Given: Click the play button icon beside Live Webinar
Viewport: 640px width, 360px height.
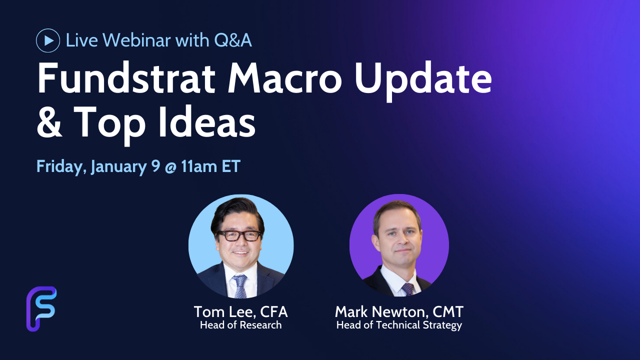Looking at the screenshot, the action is [x=48, y=40].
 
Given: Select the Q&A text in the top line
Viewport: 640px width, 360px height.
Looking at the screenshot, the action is [x=233, y=40].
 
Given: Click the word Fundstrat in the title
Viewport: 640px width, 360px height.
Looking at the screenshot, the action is [x=126, y=78].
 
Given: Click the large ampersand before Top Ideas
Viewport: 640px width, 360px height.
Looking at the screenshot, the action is [x=49, y=122].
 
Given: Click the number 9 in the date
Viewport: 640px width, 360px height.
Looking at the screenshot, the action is [x=155, y=165].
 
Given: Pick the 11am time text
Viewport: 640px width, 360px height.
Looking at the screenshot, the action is [x=199, y=166].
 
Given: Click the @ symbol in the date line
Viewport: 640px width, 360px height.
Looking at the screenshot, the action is [x=170, y=167].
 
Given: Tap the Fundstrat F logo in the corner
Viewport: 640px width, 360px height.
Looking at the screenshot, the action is [x=41, y=309].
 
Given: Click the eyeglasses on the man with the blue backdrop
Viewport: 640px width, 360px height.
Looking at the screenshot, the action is [x=238, y=235].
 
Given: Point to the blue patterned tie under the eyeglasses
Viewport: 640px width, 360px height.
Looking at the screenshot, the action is [x=239, y=286].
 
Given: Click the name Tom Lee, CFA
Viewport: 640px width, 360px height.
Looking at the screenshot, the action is [x=241, y=311].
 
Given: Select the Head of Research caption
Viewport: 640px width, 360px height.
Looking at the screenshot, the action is [x=241, y=325].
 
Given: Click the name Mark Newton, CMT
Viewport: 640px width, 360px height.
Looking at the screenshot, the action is [x=399, y=311].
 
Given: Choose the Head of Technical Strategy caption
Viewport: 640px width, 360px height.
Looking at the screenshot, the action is [x=399, y=325].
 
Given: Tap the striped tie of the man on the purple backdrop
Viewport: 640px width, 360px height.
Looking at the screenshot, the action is [x=407, y=289].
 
